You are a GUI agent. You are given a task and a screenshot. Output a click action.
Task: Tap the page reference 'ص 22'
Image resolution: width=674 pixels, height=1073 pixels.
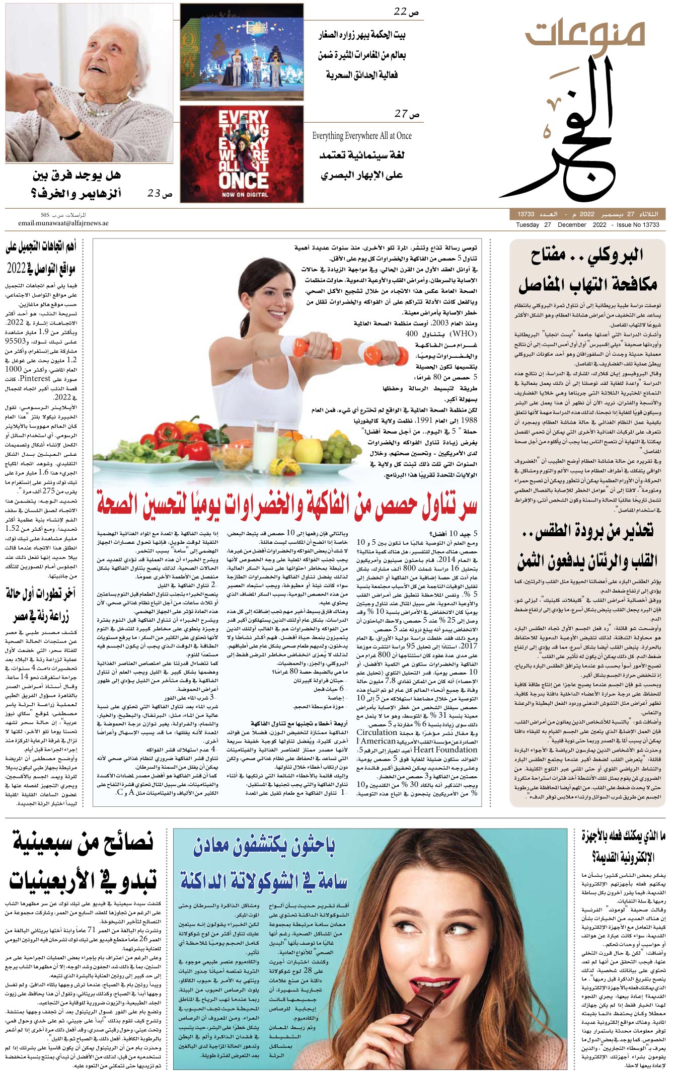point(406,12)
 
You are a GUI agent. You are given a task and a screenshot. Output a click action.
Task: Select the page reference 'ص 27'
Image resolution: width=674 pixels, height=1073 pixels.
point(407,114)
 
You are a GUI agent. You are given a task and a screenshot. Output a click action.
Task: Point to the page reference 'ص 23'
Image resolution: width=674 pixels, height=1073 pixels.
point(160,193)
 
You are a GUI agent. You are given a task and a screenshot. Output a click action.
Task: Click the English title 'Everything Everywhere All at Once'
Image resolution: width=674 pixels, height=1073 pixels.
point(361,136)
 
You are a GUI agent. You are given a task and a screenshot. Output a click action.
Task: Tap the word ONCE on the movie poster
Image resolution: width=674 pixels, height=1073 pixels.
point(243,180)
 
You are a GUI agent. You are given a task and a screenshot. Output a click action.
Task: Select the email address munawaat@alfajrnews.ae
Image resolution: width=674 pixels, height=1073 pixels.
point(63,223)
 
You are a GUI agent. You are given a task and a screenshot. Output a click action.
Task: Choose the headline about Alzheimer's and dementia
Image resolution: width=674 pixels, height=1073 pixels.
point(77,184)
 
